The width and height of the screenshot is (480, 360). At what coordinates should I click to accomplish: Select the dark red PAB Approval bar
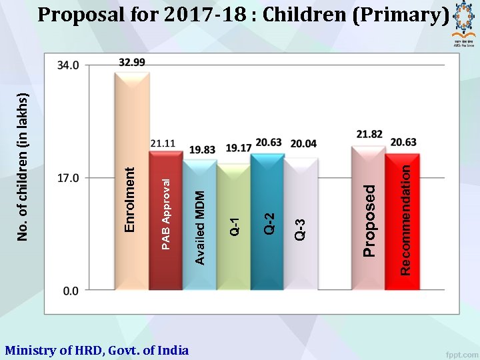pyautogui.click(x=165, y=220)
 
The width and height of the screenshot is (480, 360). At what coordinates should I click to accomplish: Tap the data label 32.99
pyautogui.click(x=132, y=62)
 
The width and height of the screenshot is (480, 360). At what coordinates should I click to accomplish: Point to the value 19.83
pyautogui.click(x=203, y=150)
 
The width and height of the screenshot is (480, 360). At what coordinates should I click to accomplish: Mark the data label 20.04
pyautogui.click(x=303, y=143)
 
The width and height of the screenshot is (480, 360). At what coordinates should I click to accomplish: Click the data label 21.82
pyautogui.click(x=369, y=134)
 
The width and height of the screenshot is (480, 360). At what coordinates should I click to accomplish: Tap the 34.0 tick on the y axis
pyautogui.click(x=69, y=65)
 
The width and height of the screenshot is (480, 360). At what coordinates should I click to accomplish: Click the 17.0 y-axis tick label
pyautogui.click(x=69, y=178)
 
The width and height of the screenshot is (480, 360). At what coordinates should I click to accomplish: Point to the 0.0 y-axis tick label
pyautogui.click(x=71, y=291)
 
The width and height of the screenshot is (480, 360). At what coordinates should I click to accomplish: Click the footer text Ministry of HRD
pyautogui.click(x=97, y=350)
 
